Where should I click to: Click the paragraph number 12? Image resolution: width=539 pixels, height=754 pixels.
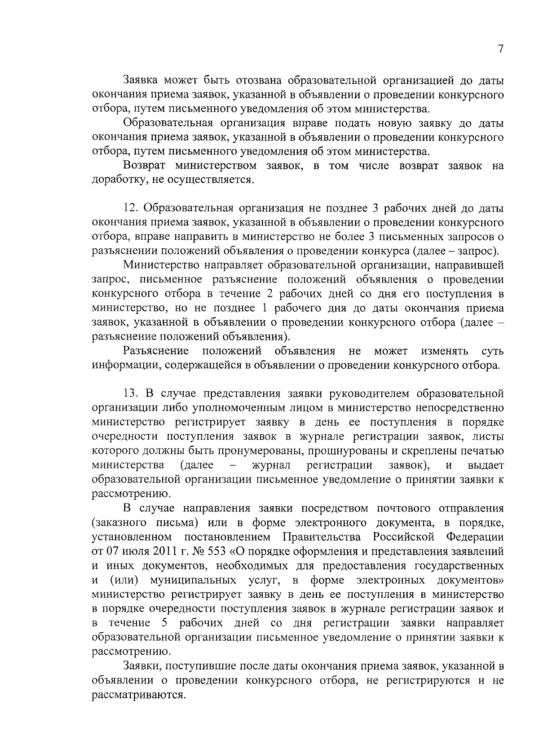[x=130, y=209]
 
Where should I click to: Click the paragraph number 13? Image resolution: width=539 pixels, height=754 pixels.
[x=130, y=394]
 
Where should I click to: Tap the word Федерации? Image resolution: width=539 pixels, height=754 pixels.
[x=475, y=537]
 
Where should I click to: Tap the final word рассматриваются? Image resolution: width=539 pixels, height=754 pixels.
[x=138, y=695]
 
